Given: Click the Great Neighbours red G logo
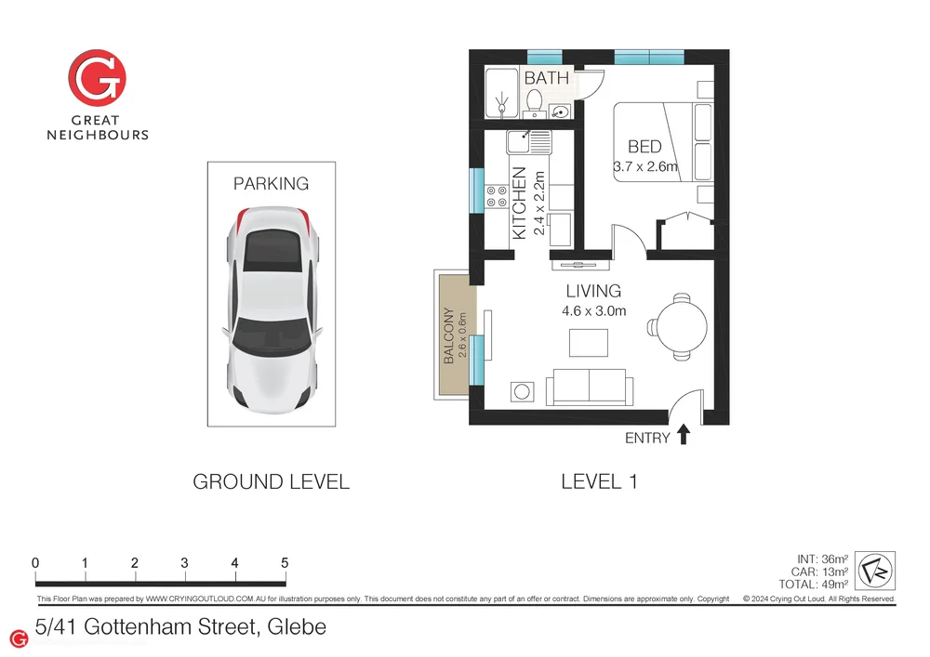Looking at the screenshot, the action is (x=97, y=78).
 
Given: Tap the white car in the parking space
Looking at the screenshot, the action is (x=272, y=309).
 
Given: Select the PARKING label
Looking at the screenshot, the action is (x=271, y=184).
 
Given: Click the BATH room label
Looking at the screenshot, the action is (x=546, y=78).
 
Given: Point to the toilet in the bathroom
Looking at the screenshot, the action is (x=535, y=103).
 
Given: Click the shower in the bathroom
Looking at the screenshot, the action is (x=502, y=94).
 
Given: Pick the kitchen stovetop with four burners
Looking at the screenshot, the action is (x=497, y=196).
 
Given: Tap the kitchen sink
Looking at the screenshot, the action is (x=528, y=142).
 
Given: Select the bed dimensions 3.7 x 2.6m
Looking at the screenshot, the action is (x=645, y=166).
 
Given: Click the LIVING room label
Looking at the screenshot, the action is (x=593, y=291).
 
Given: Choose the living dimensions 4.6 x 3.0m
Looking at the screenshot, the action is (x=593, y=311).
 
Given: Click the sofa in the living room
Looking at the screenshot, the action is (x=590, y=387).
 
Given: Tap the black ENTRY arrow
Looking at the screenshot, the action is (x=684, y=434).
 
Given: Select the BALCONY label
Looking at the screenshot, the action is (x=449, y=335).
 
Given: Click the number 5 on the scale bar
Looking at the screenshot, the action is (x=285, y=563).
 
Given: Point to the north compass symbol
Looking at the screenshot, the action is (x=875, y=571).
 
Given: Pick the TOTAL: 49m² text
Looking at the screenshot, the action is (x=813, y=585).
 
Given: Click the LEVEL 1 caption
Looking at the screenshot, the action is (x=599, y=481).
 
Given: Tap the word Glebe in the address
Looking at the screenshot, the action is (x=297, y=626).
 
